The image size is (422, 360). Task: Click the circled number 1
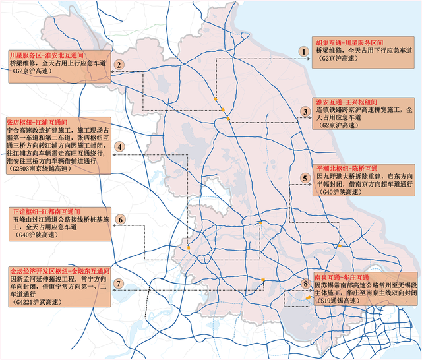click(x=303, y=51)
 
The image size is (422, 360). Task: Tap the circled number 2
click(x=119, y=65)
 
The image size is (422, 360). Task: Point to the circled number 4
click(x=119, y=147)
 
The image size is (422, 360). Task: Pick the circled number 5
click(x=305, y=178)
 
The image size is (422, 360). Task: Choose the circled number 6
click(x=120, y=220)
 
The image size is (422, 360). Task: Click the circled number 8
click(x=305, y=284)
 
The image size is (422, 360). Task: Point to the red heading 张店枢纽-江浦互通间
click(x=37, y=123)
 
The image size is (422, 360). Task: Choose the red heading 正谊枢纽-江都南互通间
click(x=44, y=211)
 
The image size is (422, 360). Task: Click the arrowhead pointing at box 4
click(x=113, y=154)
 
